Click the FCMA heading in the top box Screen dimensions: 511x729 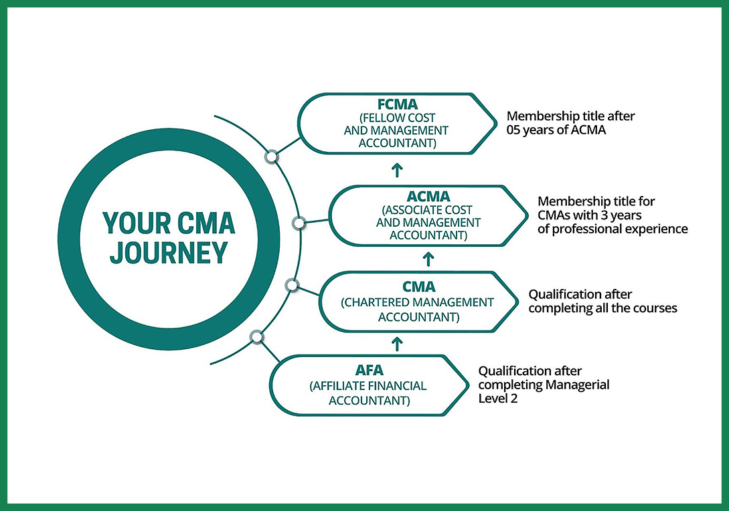click(396, 104)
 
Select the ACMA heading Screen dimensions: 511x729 click(428, 197)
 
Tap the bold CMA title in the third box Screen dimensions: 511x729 click(419, 286)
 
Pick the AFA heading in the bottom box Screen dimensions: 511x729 click(368, 371)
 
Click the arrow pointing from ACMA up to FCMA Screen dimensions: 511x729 click(396, 169)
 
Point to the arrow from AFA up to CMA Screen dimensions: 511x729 click(396, 344)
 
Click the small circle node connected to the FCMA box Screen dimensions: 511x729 click(271, 157)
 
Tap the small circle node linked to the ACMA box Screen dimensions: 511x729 click(299, 222)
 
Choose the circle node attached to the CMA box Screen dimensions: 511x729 click(291, 286)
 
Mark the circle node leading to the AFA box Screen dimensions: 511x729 click(255, 336)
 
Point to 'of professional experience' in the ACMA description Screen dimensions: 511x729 click(613, 229)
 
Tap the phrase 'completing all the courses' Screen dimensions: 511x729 click(603, 308)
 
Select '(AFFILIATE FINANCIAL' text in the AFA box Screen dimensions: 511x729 click(368, 387)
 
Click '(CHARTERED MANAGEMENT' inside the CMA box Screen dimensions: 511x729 click(418, 302)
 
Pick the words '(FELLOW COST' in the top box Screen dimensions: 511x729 click(396, 118)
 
